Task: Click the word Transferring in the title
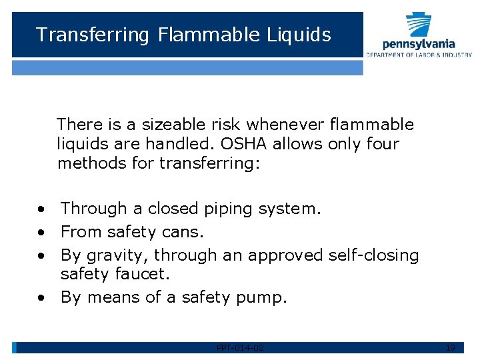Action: coord(93,35)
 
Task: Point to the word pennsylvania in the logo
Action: coord(419,43)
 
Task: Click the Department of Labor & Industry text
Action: coord(419,55)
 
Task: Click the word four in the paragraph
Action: coord(383,143)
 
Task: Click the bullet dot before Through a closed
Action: coord(41,209)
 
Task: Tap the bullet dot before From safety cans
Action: coord(41,233)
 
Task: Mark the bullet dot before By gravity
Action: coord(41,256)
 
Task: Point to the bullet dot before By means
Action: coord(41,298)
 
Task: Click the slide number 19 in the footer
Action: coord(450,347)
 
